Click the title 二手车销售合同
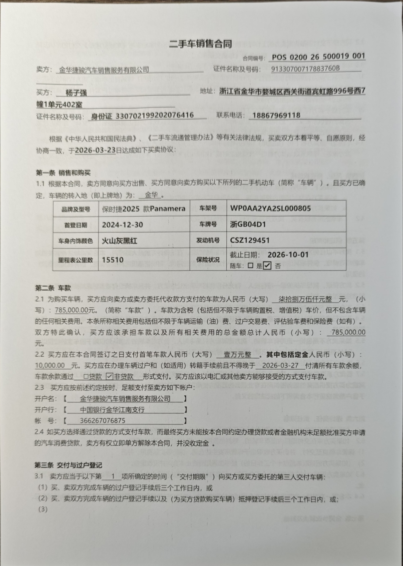pyautogui.click(x=201, y=43)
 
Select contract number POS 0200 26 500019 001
pyautogui.click(x=318, y=57)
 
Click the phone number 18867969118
pyautogui.click(x=275, y=116)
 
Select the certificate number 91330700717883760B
pyautogui.click(x=305, y=69)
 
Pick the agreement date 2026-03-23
pyautogui.click(x=96, y=150)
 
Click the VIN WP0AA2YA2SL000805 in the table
pyautogui.click(x=270, y=208)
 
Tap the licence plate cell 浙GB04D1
pyautogui.click(x=248, y=225)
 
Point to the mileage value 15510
pyautogui.click(x=112, y=260)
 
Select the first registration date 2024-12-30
pyautogui.click(x=122, y=225)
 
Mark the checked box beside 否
pyautogui.click(x=267, y=266)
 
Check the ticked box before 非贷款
pyautogui.click(x=109, y=377)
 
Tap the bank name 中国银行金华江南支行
pyautogui.click(x=112, y=410)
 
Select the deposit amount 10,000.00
pyautogui.click(x=51, y=366)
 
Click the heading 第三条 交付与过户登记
pyautogui.click(x=69, y=465)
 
